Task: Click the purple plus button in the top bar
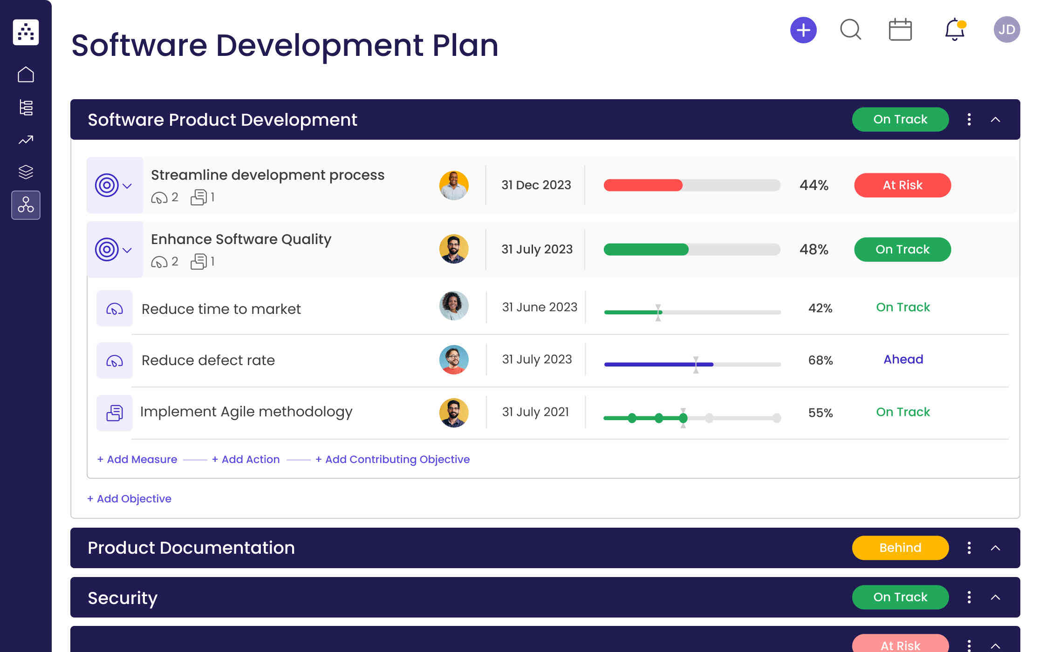pos(803,30)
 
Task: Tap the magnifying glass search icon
pos(850,30)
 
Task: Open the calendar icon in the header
pos(900,30)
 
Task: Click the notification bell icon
pos(954,30)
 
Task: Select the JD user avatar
pos(1006,30)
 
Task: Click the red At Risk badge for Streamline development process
pos(902,185)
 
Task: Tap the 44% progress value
pos(814,185)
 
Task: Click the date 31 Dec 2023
pos(536,185)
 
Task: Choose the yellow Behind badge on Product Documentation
pos(900,548)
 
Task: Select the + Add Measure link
pos(137,459)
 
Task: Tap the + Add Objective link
pos(130,499)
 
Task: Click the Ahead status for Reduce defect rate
pos(903,360)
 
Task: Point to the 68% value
pos(820,360)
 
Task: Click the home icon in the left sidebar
pos(26,75)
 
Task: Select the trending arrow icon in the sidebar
pos(26,140)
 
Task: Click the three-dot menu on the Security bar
pos(969,597)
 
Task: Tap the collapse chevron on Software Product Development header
pos(995,120)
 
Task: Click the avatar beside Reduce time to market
pos(454,306)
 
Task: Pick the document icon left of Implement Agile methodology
pos(115,413)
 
